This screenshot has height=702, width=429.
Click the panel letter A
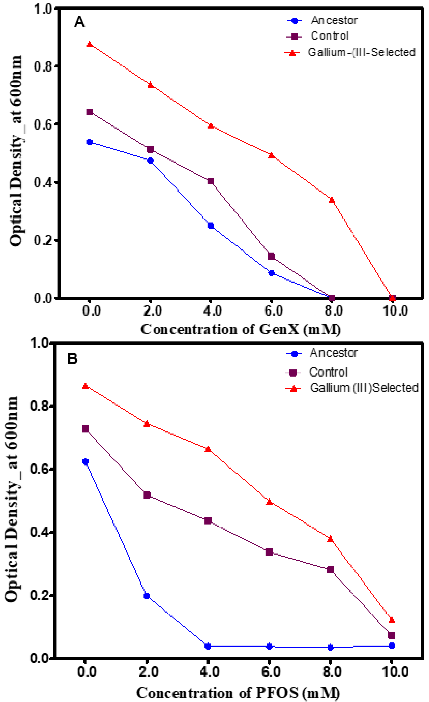click(x=80, y=22)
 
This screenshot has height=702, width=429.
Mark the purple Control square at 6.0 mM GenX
click(x=271, y=256)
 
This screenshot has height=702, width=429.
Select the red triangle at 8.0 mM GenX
click(x=331, y=200)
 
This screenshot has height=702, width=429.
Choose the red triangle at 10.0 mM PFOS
click(x=392, y=620)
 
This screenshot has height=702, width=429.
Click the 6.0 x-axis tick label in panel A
click(x=273, y=310)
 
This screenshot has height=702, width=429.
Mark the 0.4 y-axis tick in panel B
click(x=39, y=532)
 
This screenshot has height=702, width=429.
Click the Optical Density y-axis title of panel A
click(x=16, y=151)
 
